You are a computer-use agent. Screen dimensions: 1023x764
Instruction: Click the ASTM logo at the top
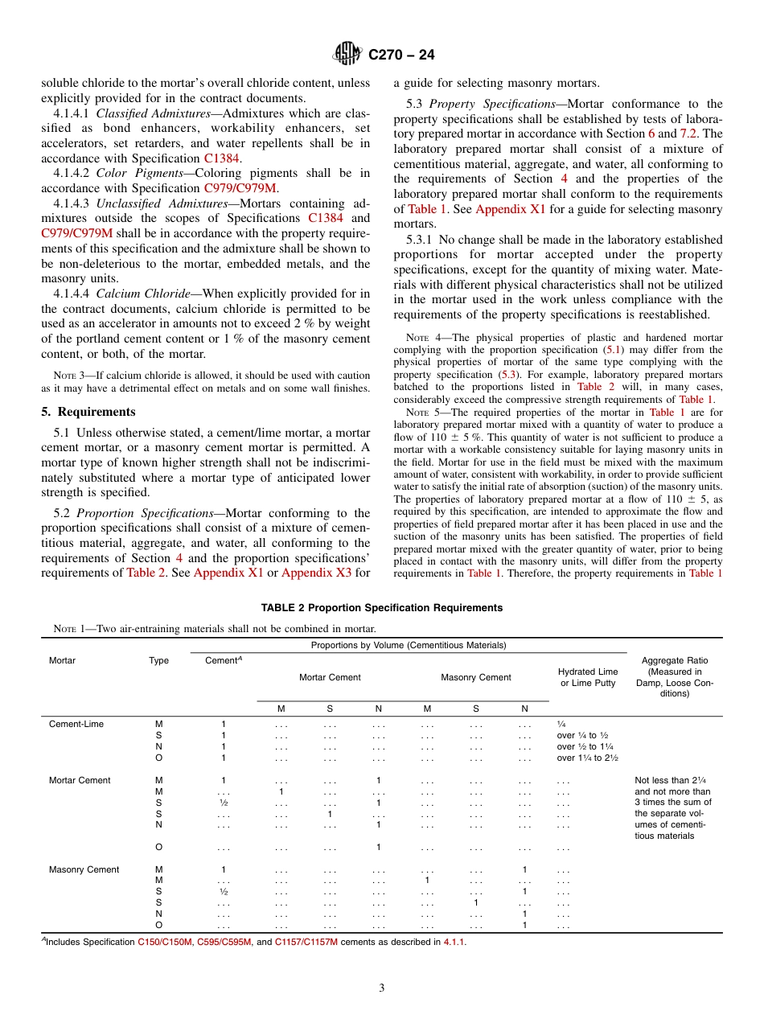click(x=347, y=55)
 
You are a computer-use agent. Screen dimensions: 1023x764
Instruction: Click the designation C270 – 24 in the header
click(x=401, y=55)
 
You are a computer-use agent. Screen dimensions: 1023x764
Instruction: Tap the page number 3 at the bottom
click(x=382, y=988)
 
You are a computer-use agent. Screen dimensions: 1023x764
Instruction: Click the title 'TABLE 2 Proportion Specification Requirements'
click(x=382, y=608)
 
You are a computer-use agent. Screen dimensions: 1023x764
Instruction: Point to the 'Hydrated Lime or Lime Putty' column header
click(x=588, y=677)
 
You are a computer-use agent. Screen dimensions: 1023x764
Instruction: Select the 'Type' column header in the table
click(x=159, y=661)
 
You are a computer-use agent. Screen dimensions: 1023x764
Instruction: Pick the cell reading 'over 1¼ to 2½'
click(x=587, y=758)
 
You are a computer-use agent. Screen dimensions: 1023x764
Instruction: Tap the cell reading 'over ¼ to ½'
click(x=582, y=735)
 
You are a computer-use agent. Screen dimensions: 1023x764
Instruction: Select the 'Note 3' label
click(x=64, y=376)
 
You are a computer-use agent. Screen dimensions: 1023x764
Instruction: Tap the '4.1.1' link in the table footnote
click(x=454, y=942)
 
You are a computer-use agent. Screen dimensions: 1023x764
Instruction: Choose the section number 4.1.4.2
click(x=67, y=173)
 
